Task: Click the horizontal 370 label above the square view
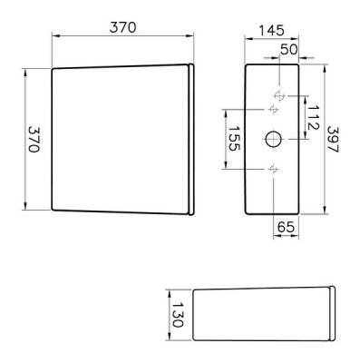[122, 26]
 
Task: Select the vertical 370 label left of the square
[34, 141]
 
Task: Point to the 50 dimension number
[288, 48]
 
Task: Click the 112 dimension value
[311, 117]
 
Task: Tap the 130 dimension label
[178, 316]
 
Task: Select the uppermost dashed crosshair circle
[279, 93]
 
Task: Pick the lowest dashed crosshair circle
[275, 169]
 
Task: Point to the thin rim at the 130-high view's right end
[336, 314]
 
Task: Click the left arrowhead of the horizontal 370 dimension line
[54, 36]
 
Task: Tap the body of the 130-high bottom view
[263, 315]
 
